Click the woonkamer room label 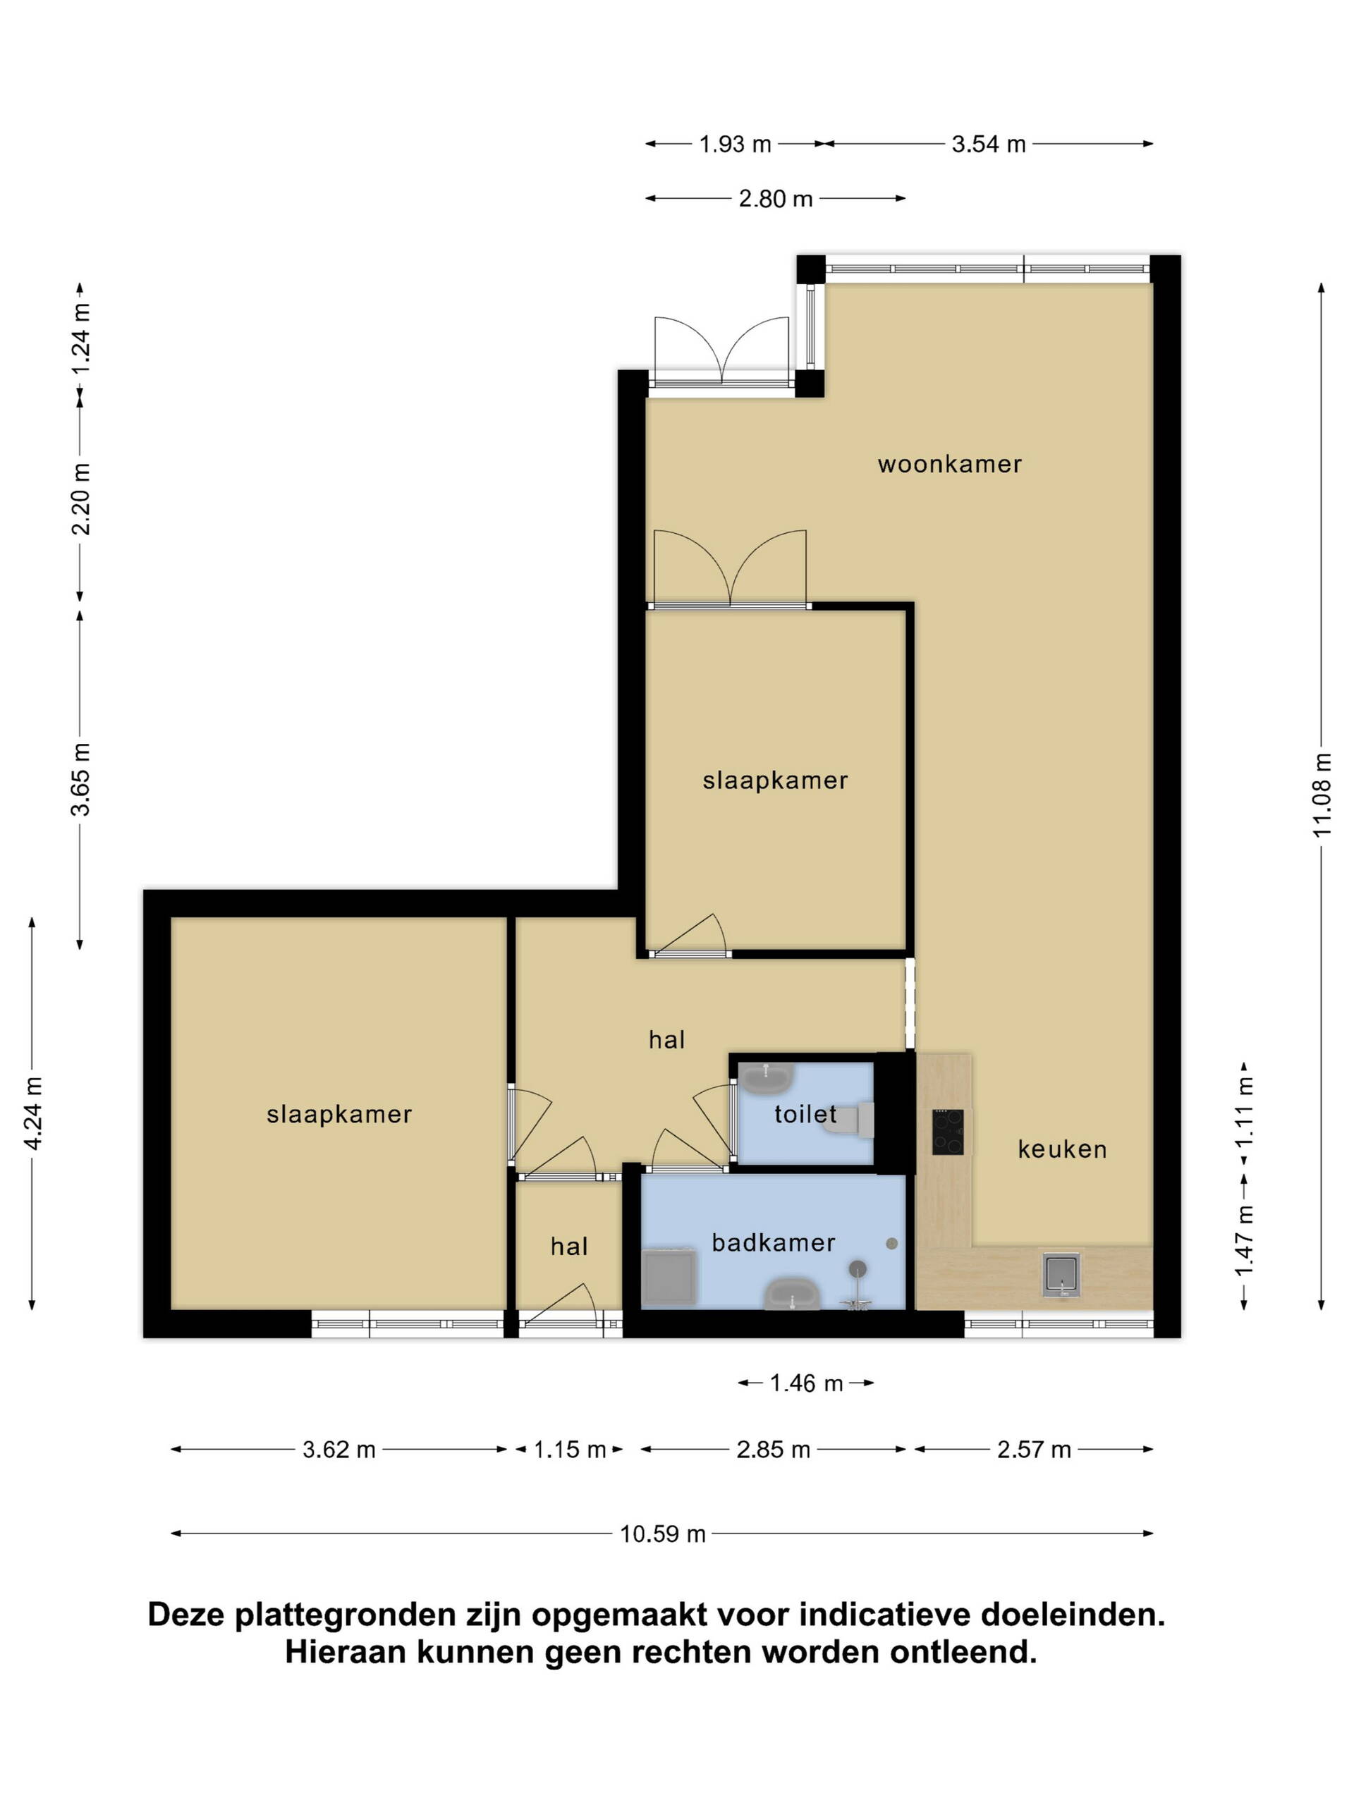(x=949, y=465)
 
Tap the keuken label (x=1062, y=1149)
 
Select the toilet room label (x=805, y=1114)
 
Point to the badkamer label (x=773, y=1243)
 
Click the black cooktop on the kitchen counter (x=948, y=1132)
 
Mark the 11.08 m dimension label (x=1322, y=795)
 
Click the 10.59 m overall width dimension (x=662, y=1534)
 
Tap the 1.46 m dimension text (x=805, y=1383)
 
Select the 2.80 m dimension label (x=775, y=199)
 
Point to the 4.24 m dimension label (x=32, y=1113)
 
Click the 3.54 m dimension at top (x=989, y=145)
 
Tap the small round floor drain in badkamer (x=892, y=1244)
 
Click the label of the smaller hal (x=569, y=1246)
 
